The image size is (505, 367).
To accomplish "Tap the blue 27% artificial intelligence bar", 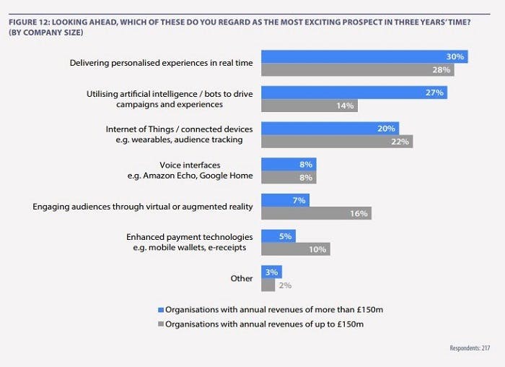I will point(354,92).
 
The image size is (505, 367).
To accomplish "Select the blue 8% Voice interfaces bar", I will point(289,164).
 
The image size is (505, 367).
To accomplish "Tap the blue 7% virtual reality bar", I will point(285,199).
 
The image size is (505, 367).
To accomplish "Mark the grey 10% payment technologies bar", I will point(296,249).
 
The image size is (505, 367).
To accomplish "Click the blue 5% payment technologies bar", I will point(278,236).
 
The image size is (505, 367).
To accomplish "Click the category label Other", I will point(242,278).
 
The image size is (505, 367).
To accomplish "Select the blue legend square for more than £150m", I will point(161,310).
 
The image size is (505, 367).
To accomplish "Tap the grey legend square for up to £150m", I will point(161,324).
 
